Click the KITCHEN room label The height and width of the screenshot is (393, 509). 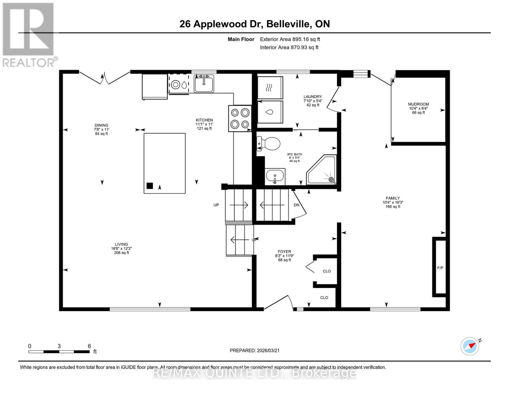(204, 121)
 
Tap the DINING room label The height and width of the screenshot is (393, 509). (101, 125)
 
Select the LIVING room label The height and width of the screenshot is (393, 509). (121, 244)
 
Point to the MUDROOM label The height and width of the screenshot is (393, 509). (418, 104)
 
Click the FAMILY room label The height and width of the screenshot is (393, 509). (393, 198)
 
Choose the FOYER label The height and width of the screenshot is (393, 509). (284, 252)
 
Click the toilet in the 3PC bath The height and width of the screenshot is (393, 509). (269, 144)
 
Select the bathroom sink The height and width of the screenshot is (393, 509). (275, 177)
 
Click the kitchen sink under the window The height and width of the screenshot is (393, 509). (204, 84)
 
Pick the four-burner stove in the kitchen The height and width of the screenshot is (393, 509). (240, 119)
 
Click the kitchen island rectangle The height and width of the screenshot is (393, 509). (165, 163)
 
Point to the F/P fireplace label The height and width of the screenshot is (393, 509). (440, 268)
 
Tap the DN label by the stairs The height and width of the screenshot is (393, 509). (296, 205)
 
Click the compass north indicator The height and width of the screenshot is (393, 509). (471, 346)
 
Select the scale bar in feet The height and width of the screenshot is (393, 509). (59, 352)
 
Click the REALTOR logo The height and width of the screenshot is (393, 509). (29, 34)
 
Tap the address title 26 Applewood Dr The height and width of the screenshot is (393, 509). (255, 24)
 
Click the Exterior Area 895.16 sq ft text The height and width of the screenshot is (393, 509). (290, 39)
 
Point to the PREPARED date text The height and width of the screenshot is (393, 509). (255, 350)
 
